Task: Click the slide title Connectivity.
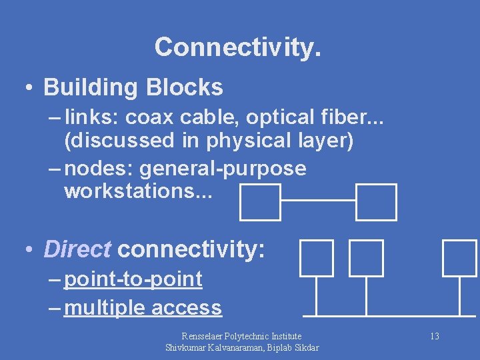coord(237,47)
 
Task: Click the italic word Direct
coord(77,249)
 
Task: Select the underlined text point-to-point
coord(133,279)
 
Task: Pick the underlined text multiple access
coord(143,308)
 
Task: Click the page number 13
coord(434,336)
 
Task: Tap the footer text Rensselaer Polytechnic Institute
coord(241,336)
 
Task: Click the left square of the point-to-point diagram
coord(260,202)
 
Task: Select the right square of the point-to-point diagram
coord(376,202)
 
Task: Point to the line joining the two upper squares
coord(318,200)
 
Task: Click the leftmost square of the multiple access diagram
coord(316,258)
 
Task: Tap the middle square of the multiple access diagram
coord(367,258)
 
